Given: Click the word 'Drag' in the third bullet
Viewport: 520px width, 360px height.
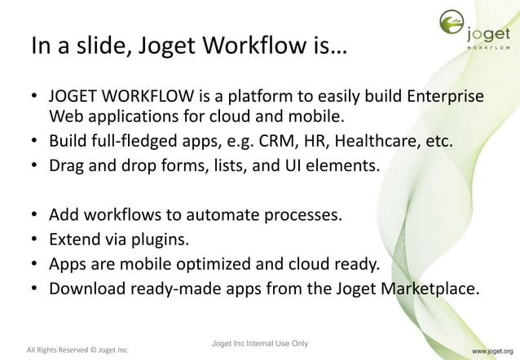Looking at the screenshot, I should pyautogui.click(x=70, y=167).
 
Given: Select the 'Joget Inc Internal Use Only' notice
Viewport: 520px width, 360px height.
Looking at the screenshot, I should pyautogui.click(x=258, y=343).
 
